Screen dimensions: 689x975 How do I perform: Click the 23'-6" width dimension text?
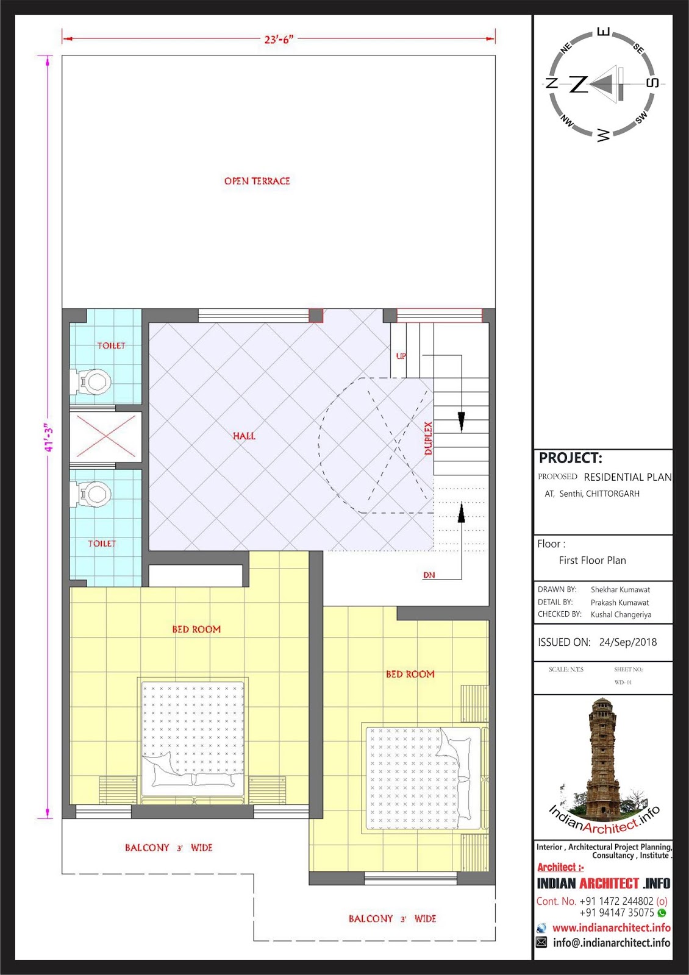279,39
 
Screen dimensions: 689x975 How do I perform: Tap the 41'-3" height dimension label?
49,437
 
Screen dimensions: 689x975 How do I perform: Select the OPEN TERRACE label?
257,181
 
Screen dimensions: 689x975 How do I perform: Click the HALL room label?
244,436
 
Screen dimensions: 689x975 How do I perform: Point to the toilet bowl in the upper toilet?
93,381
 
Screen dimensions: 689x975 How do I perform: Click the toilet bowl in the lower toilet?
93,494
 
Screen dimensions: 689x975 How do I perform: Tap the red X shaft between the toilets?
105,436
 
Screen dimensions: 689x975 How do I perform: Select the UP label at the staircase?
401,356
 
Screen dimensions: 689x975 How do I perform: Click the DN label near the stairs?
429,575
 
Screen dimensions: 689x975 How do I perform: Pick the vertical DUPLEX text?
429,438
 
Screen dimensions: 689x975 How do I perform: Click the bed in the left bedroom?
193,740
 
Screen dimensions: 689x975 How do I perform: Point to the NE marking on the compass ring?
566,47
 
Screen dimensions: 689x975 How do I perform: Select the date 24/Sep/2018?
627,642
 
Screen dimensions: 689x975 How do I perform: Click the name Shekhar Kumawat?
620,590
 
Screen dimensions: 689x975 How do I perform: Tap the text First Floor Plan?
592,560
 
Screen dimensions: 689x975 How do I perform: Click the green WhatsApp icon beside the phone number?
662,913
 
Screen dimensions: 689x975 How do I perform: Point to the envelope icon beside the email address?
541,943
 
